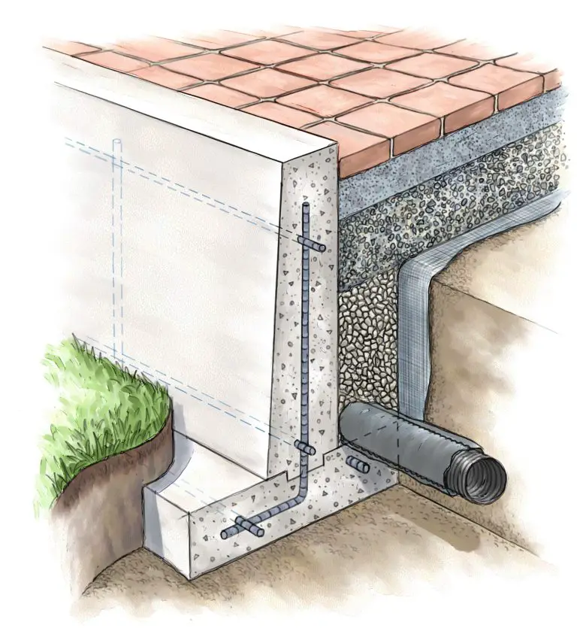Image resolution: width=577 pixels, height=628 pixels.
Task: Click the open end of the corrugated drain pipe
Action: click(478, 475)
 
